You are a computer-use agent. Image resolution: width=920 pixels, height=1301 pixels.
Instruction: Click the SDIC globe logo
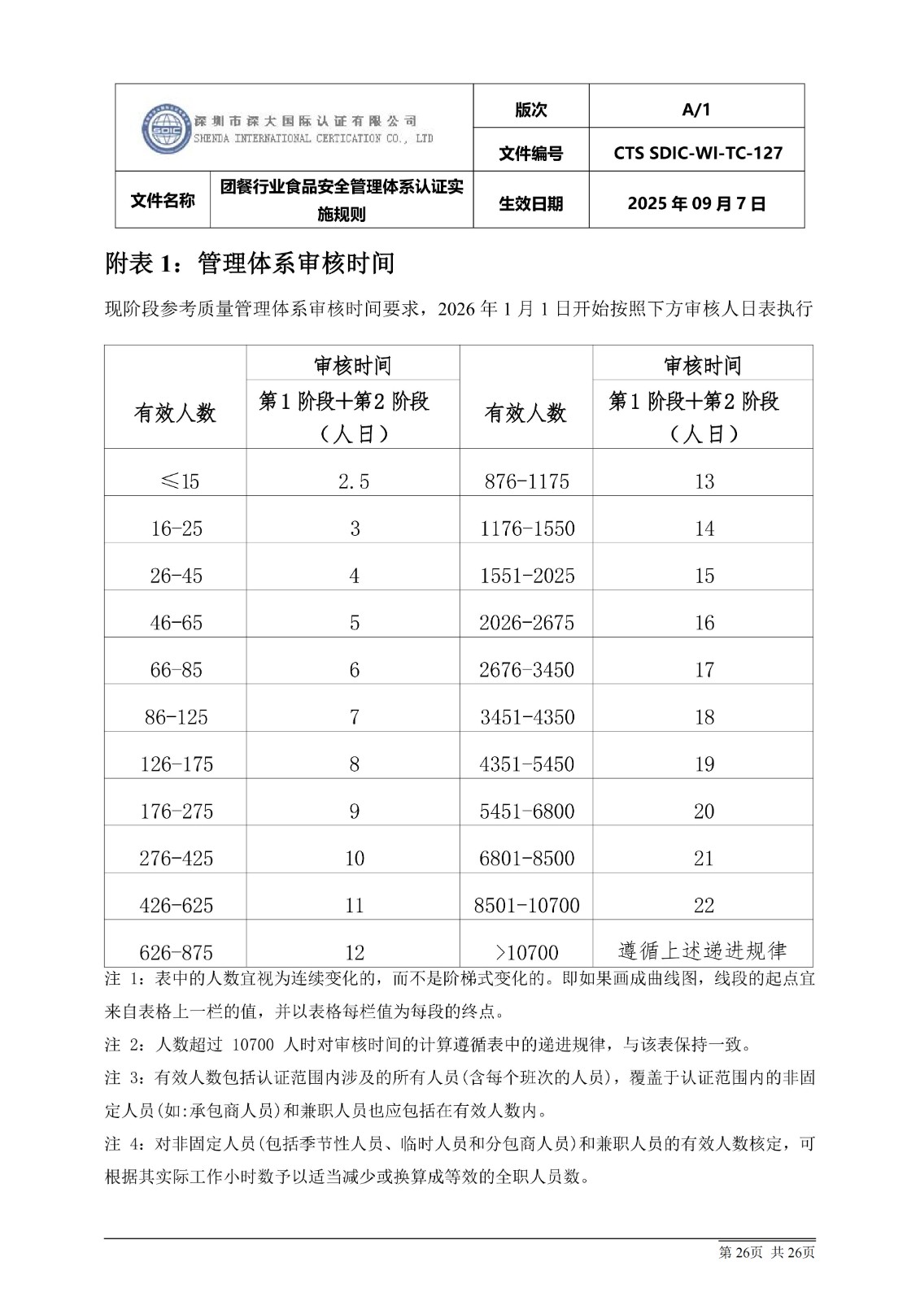click(166, 128)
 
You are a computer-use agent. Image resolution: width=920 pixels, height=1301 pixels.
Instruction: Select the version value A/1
click(695, 110)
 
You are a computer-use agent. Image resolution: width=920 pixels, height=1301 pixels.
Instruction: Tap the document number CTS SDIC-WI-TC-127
click(697, 153)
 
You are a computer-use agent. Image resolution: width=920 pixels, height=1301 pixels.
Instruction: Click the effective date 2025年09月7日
click(696, 203)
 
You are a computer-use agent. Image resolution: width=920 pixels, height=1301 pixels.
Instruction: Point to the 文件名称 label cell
click(163, 200)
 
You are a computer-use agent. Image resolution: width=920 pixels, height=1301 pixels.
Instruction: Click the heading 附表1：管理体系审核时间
click(251, 263)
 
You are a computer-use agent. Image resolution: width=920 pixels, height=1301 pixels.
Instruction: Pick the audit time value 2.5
click(354, 481)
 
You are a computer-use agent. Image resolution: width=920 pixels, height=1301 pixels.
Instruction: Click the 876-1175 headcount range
click(526, 481)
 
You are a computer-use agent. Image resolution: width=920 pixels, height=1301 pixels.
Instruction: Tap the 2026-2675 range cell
click(526, 623)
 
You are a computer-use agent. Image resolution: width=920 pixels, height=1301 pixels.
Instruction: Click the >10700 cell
click(526, 952)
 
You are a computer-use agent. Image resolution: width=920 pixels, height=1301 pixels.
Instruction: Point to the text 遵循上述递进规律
click(702, 950)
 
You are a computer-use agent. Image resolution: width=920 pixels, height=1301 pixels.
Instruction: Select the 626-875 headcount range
click(177, 952)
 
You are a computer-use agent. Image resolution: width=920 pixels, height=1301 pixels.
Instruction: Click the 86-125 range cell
click(177, 717)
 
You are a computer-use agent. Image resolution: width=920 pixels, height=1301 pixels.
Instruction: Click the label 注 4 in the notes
click(124, 1144)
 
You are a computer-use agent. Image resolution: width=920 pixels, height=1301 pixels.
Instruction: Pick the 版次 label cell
click(530, 110)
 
